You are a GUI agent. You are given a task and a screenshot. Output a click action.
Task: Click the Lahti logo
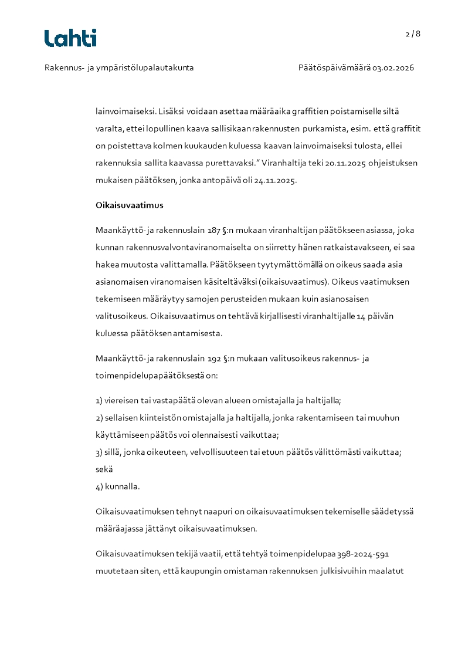click(x=70, y=38)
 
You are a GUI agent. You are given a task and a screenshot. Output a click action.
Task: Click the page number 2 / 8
click(x=413, y=34)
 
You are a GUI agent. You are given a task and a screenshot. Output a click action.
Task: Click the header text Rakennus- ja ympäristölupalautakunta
click(x=119, y=68)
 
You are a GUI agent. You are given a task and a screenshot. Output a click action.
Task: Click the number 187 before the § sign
click(x=215, y=230)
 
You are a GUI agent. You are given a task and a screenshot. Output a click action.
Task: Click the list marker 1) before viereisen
click(x=99, y=401)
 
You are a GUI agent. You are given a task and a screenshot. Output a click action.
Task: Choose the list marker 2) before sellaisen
click(x=99, y=418)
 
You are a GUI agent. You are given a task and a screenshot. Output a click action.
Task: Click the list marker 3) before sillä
click(x=99, y=452)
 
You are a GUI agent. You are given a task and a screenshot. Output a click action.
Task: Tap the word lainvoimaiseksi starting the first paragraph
click(x=125, y=111)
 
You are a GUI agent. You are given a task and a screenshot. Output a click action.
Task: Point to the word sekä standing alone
click(x=104, y=469)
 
